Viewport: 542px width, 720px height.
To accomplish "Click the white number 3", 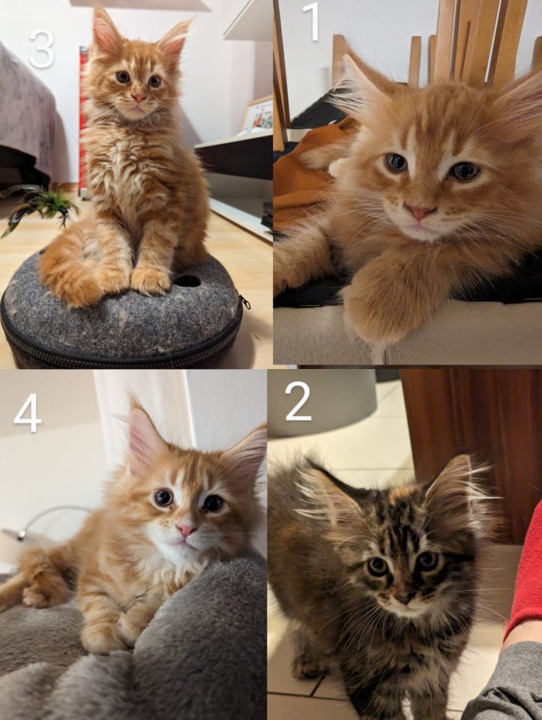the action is pyautogui.click(x=42, y=49).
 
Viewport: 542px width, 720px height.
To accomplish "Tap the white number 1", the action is pyautogui.click(x=312, y=21).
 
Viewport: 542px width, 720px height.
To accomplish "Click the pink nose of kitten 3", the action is pyautogui.click(x=139, y=97).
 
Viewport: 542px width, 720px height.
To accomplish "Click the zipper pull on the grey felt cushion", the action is pyautogui.click(x=245, y=301).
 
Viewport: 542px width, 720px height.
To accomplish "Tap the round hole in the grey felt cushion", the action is pyautogui.click(x=187, y=280).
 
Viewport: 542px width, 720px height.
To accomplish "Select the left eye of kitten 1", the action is pyautogui.click(x=396, y=163).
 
